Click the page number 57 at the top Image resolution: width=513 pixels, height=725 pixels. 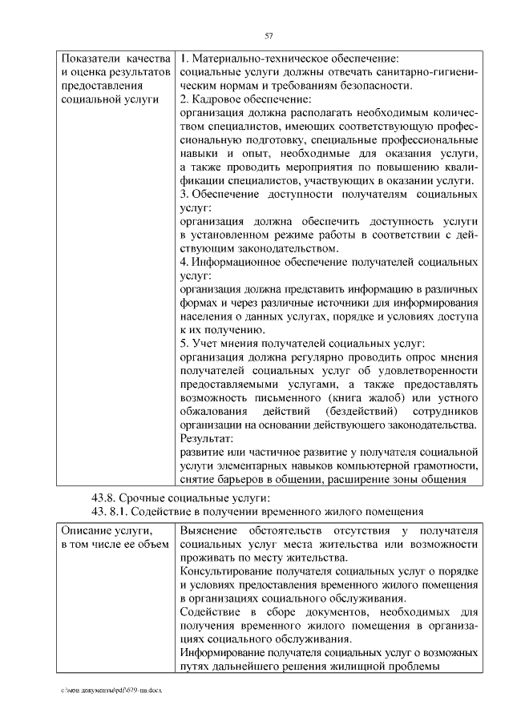269,35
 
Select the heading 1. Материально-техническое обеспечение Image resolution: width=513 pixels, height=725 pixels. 289,58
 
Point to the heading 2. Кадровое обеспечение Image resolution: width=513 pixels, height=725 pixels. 244,99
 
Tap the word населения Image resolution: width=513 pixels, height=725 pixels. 211,316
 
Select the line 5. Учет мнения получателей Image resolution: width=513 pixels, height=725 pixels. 301,344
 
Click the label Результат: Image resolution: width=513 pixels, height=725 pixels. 207,439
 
